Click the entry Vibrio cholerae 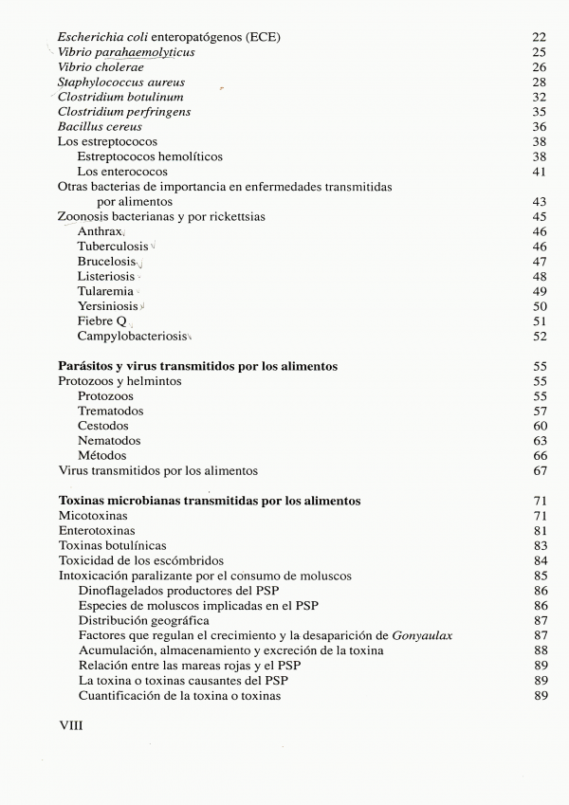click(101, 67)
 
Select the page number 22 click(541, 37)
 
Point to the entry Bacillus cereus click(100, 127)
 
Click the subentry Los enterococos click(122, 172)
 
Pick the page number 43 click(541, 202)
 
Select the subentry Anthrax click(100, 231)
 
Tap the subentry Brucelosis click(106, 261)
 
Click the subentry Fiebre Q click(101, 320)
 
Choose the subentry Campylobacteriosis click(132, 336)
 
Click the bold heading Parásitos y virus click(198, 366)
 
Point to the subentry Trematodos click(110, 411)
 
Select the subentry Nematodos click(109, 440)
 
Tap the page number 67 click(541, 470)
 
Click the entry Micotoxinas click(93, 515)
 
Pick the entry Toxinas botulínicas click(112, 545)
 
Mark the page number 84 click(541, 560)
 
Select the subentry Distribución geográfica click(143, 620)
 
